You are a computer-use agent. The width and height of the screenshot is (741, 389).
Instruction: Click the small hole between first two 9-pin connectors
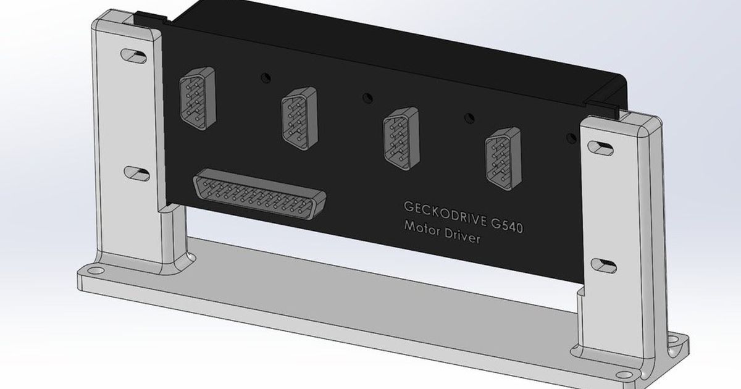click(266, 77)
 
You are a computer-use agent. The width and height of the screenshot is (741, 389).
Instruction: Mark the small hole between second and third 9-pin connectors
click(368, 97)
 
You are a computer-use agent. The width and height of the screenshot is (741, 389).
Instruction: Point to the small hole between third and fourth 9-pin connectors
click(469, 116)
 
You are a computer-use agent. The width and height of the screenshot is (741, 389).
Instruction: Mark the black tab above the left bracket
click(149, 19)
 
